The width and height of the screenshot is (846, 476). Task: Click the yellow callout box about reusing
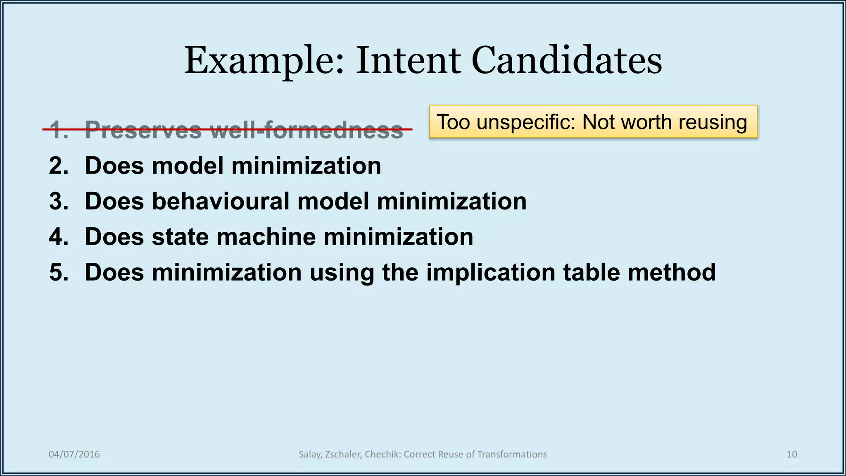pyautogui.click(x=593, y=121)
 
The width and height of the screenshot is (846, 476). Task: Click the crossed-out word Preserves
pyautogui.click(x=143, y=130)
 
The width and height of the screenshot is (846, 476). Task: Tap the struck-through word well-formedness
pyautogui.click(x=306, y=130)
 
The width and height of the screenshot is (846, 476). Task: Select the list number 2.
pyautogui.click(x=58, y=166)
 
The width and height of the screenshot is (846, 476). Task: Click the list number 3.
pyautogui.click(x=58, y=202)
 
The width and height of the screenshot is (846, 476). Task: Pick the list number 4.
pyautogui.click(x=58, y=237)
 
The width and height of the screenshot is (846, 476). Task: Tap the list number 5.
pyautogui.click(x=58, y=273)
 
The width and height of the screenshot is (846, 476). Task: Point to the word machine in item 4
pyautogui.click(x=266, y=237)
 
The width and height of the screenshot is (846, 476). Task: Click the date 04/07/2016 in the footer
pyautogui.click(x=74, y=455)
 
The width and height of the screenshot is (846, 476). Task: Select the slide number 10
pyautogui.click(x=791, y=455)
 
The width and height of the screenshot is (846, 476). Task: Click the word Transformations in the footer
pyautogui.click(x=512, y=455)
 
